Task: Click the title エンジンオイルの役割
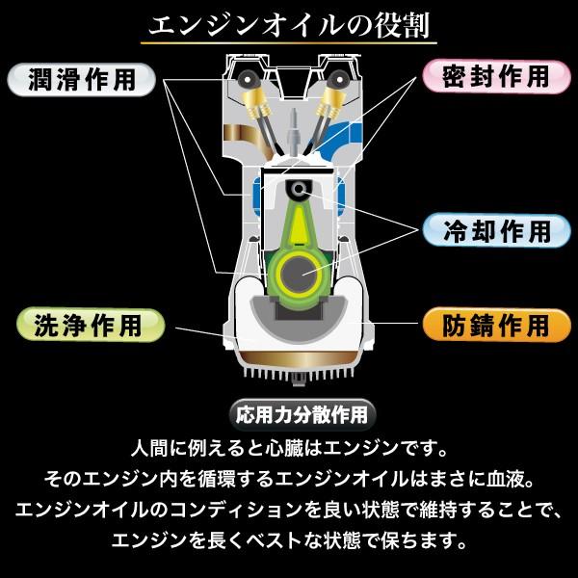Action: (x=289, y=26)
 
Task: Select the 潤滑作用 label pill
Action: (x=82, y=80)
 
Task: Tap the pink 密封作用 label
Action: (x=496, y=77)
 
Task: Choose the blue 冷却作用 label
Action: (x=496, y=231)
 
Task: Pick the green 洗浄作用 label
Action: (x=91, y=326)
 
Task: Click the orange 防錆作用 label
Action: (x=496, y=326)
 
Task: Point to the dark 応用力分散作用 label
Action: (x=302, y=415)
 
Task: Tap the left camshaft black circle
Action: (x=247, y=79)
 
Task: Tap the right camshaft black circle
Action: (x=338, y=79)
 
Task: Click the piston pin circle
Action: (x=299, y=190)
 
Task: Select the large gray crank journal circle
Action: (x=299, y=275)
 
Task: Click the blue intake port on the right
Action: (x=344, y=137)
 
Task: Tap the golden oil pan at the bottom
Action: (x=299, y=359)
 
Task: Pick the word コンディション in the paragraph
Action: (x=235, y=510)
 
